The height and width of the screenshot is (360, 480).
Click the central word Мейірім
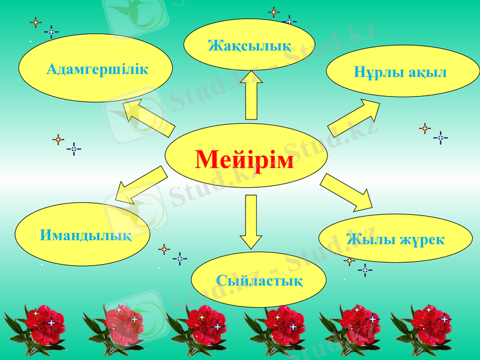245,160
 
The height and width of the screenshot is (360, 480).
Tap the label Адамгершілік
97,69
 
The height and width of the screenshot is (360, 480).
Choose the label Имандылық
86,235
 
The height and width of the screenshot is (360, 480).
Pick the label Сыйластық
259,280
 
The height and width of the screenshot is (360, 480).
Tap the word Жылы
366,240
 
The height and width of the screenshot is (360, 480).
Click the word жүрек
419,240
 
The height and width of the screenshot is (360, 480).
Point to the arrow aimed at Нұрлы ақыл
355,118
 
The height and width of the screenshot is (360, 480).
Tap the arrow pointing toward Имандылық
139,186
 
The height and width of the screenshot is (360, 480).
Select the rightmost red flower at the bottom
426,327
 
